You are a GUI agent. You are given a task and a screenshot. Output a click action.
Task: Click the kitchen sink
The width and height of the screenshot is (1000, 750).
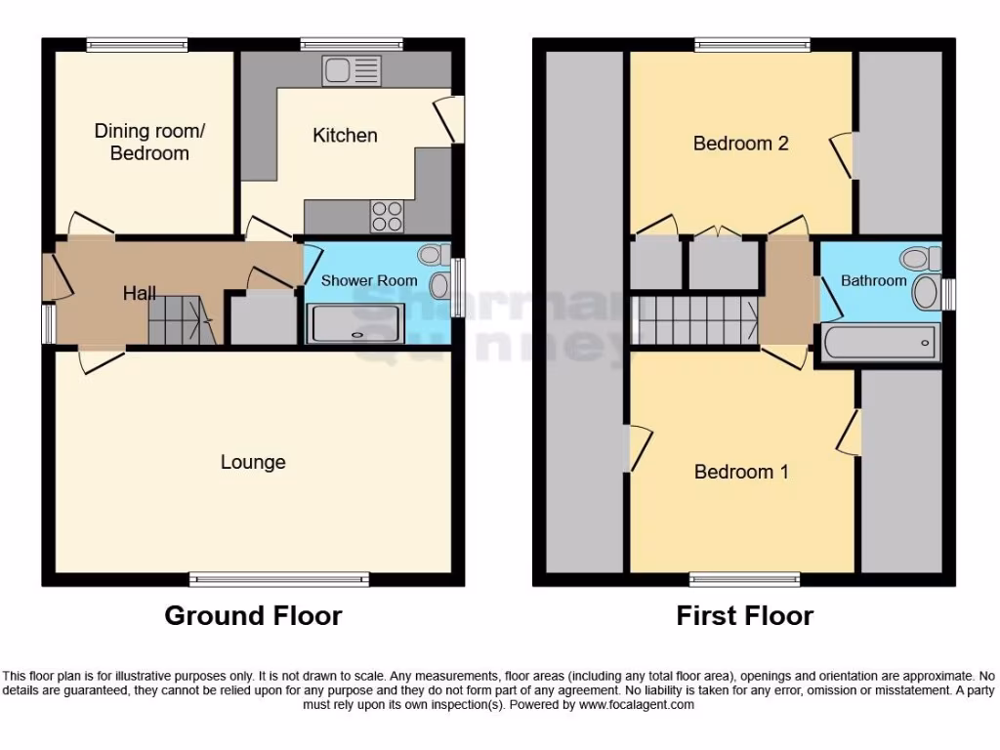click(353, 70)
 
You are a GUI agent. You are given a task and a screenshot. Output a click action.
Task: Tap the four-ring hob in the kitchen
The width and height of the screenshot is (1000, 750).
click(387, 216)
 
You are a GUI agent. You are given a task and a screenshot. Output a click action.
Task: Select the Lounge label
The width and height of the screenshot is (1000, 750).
click(253, 462)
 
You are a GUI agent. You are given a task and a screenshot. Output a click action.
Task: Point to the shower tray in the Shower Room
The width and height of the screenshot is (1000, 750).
click(355, 323)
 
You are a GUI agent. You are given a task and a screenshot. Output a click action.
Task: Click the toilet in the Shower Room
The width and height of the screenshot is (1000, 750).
click(430, 256)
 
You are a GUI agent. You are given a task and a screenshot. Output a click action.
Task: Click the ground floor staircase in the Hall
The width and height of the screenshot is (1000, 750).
click(181, 319)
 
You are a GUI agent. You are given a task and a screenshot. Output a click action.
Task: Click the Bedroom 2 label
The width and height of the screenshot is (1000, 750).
click(740, 144)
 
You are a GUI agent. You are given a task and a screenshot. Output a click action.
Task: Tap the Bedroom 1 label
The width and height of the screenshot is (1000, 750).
click(740, 472)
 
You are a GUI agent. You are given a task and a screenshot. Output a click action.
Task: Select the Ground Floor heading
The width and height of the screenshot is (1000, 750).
click(253, 616)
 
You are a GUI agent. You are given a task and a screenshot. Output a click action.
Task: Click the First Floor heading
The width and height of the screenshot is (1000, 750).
click(744, 616)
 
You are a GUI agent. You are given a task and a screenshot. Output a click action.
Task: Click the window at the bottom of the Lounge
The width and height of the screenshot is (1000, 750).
click(279, 579)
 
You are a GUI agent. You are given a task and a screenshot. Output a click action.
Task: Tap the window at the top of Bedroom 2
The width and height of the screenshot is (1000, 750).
click(752, 44)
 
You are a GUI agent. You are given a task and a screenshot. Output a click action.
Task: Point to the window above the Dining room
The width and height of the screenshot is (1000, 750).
click(137, 44)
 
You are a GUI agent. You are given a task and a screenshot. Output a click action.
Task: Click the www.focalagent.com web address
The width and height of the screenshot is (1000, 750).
click(636, 704)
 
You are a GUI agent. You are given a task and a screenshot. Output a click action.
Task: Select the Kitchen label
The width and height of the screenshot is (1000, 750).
click(345, 136)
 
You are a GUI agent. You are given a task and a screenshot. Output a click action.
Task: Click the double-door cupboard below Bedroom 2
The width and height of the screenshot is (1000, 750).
click(724, 263)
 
